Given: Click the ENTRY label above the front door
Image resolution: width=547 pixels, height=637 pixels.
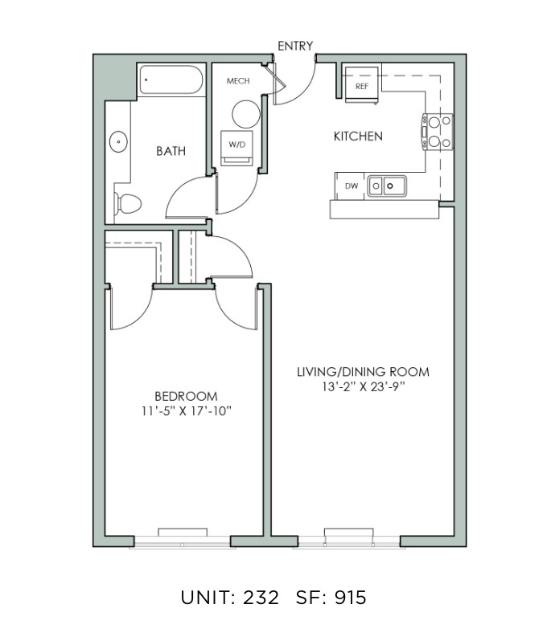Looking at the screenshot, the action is tap(295, 46).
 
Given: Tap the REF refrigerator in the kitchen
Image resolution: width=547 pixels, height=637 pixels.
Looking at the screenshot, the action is tap(361, 85).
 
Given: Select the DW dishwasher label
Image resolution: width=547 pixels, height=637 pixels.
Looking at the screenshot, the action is tap(352, 186).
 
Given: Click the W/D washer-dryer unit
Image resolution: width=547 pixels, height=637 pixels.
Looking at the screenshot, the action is tap(236, 148).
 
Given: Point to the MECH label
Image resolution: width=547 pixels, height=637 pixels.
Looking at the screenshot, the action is tap(238, 81).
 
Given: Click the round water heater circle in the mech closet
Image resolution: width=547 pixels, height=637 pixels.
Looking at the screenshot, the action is tap(246, 114).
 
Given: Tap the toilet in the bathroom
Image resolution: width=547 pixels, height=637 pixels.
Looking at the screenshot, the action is tap(127, 203).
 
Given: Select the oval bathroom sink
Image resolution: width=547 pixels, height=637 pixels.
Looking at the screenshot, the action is tap(118, 142).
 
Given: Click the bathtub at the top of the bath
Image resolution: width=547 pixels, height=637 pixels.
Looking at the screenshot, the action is tap(171, 80).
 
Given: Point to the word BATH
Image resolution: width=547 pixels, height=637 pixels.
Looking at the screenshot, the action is tap(171, 151).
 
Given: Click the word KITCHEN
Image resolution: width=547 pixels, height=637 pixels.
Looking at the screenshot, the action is tap(358, 136).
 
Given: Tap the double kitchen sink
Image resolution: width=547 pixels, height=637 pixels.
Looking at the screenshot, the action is tap(387, 186).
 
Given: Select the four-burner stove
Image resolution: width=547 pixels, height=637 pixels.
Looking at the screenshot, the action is tap(437, 132).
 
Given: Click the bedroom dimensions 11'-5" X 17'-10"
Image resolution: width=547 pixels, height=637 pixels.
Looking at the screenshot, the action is tap(187, 411).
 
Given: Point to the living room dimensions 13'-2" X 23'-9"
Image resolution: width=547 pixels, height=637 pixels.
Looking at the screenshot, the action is tap(363, 386).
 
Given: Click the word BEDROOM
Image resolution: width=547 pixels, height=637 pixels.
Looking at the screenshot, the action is tap(187, 396).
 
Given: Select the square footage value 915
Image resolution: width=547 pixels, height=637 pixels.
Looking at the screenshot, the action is tap(351, 598).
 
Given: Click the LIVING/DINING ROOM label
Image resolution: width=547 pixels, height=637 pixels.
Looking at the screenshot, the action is tap(363, 372).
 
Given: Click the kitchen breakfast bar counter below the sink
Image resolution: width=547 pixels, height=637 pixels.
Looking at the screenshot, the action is tap(385, 209).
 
